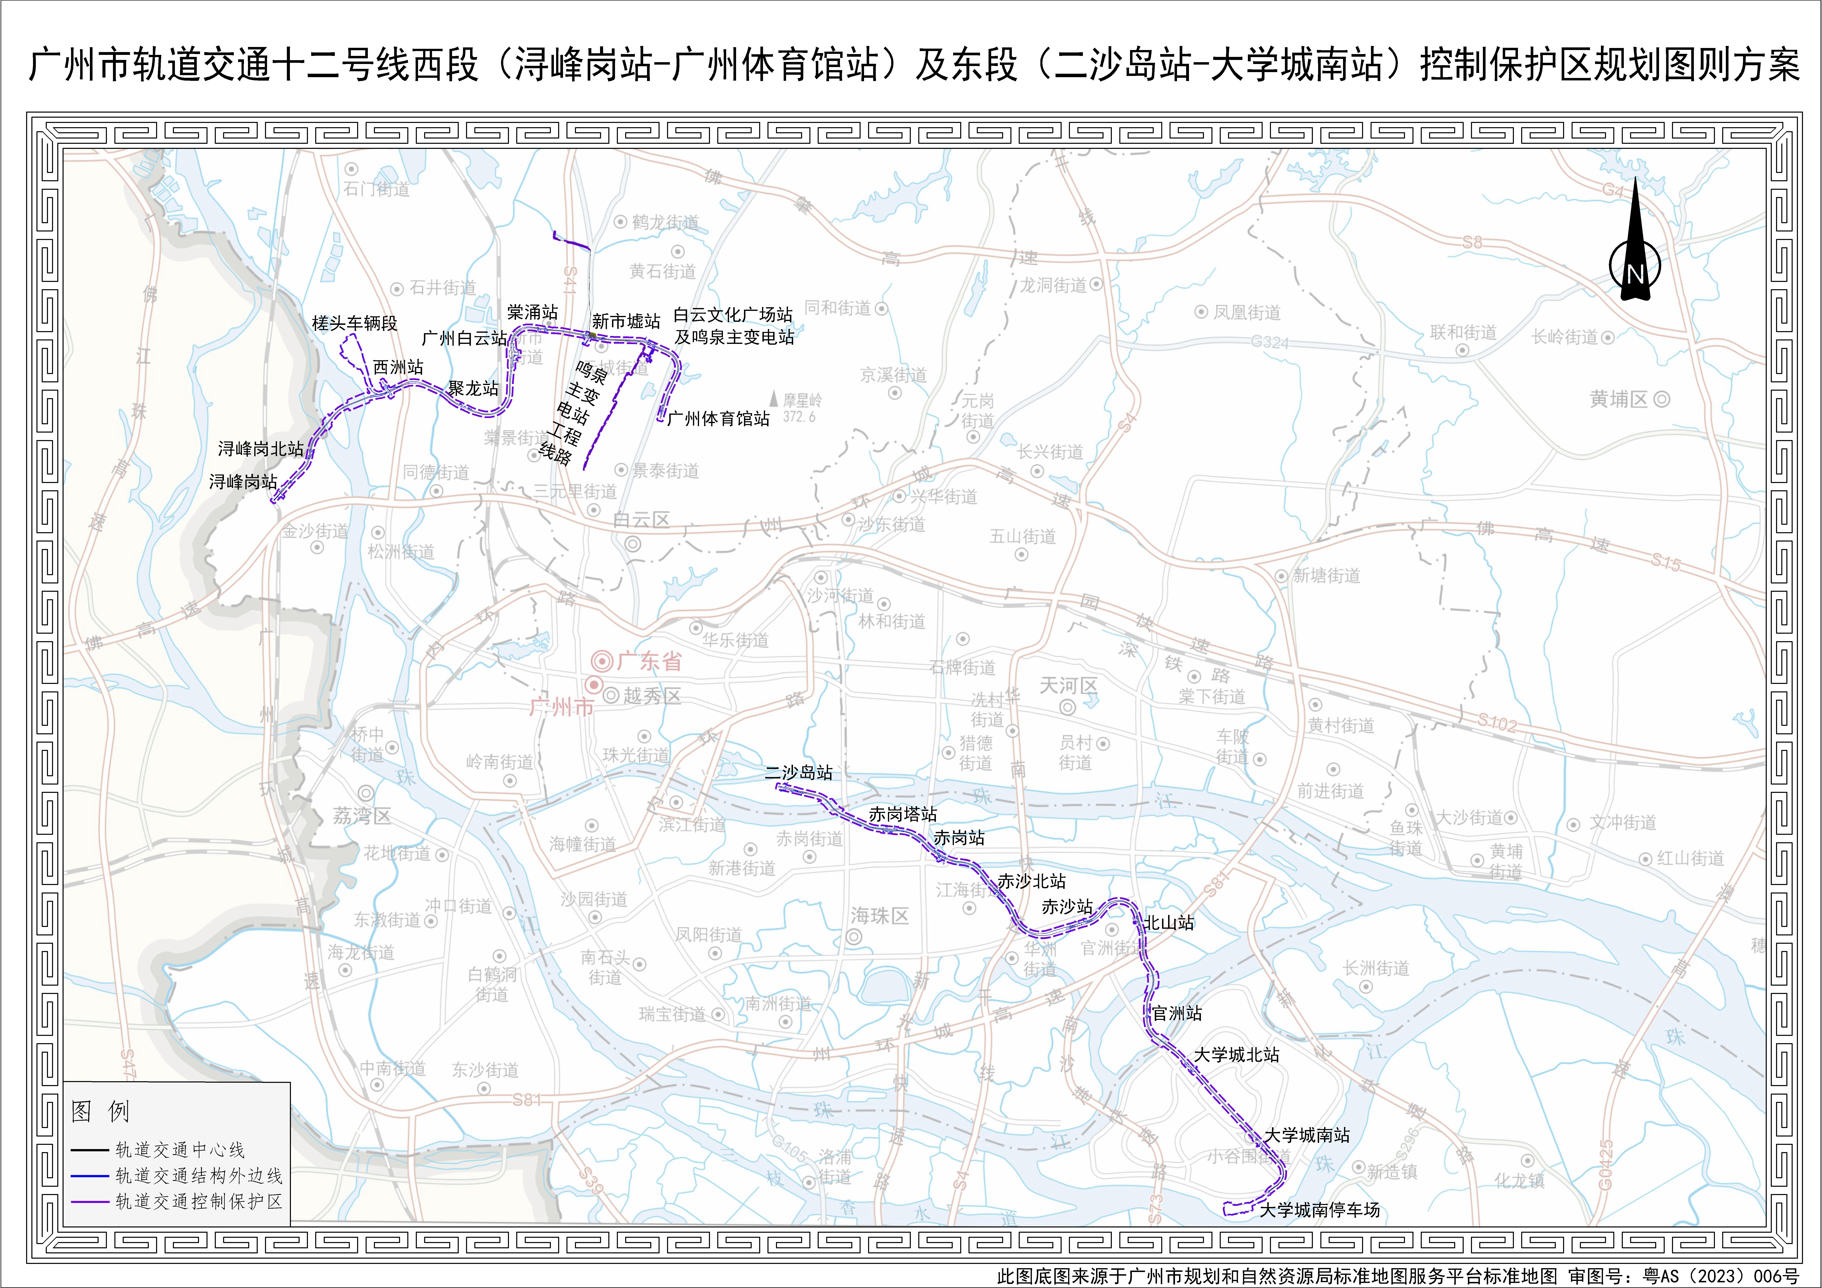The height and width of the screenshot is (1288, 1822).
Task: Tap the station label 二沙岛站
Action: coord(798,772)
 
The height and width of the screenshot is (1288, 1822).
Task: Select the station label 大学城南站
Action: coord(1306,1135)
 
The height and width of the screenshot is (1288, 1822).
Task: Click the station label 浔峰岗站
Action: coord(243,482)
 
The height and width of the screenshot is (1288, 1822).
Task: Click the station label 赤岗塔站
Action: coord(902,814)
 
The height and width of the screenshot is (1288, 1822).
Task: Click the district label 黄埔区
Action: coord(1619,399)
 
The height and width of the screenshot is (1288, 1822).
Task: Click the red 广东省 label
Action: coord(648,660)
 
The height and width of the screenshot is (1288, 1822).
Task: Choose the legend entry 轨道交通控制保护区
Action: coord(198,1202)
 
